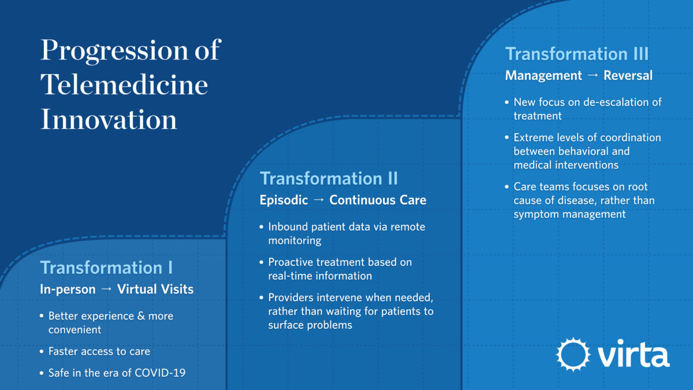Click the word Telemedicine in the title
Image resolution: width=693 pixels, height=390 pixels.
[124, 84]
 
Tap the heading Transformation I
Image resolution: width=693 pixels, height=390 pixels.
[106, 268]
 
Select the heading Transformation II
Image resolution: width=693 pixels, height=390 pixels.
[329, 179]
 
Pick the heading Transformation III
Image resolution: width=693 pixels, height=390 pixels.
[577, 54]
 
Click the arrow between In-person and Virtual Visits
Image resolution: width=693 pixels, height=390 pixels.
[106, 289]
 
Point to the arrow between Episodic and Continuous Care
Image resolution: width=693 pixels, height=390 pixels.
[319, 200]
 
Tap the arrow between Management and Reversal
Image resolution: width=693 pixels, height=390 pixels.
[593, 75]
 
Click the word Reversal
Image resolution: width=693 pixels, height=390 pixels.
[628, 76]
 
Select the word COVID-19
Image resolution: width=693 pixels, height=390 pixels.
[160, 373]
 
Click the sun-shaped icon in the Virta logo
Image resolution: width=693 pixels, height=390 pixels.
[573, 354]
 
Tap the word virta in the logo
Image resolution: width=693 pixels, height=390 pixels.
[634, 353]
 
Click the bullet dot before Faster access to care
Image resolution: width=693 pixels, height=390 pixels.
[42, 352]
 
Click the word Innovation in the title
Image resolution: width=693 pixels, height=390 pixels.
[109, 119]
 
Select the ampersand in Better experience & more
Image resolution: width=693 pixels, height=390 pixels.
[141, 316]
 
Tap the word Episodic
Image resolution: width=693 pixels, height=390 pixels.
[284, 200]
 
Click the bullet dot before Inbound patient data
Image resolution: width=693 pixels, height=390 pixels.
[262, 227]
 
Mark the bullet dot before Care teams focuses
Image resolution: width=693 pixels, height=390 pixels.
[507, 187]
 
